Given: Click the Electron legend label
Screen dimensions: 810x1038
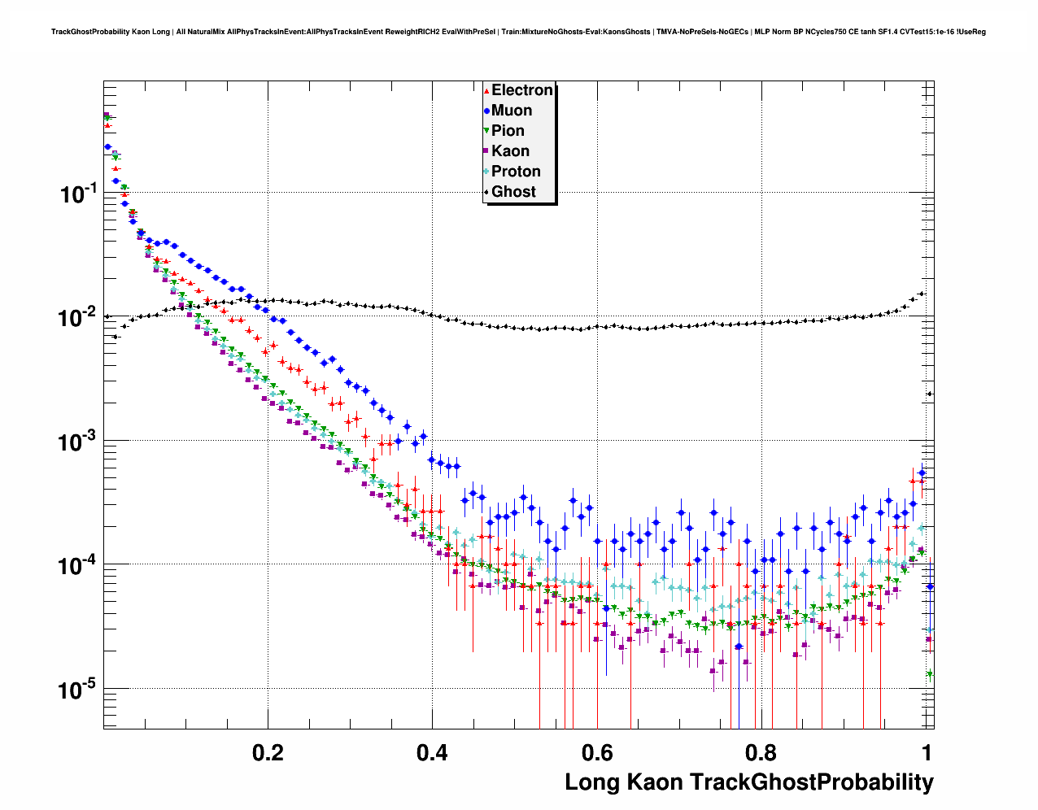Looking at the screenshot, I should coord(522,90).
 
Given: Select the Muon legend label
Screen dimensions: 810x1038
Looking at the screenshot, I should coord(512,111).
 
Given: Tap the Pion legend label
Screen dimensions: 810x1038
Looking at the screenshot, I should coord(508,131).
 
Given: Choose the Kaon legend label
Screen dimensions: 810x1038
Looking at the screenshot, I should coord(510,151).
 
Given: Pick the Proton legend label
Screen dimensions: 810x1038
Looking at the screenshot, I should coord(516,172).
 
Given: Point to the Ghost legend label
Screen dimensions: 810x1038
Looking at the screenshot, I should coord(513,192).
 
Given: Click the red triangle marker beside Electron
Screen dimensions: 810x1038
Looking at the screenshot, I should coord(486,90).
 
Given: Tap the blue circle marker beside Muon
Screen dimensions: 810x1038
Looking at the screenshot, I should coord(486,111).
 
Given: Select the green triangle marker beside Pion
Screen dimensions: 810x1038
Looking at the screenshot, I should coord(486,131).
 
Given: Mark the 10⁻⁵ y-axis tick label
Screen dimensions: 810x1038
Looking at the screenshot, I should coord(78,690).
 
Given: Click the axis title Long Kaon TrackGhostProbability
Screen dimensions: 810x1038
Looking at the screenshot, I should coord(749,782).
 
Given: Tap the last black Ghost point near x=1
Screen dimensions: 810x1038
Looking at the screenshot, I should coord(930,394).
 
